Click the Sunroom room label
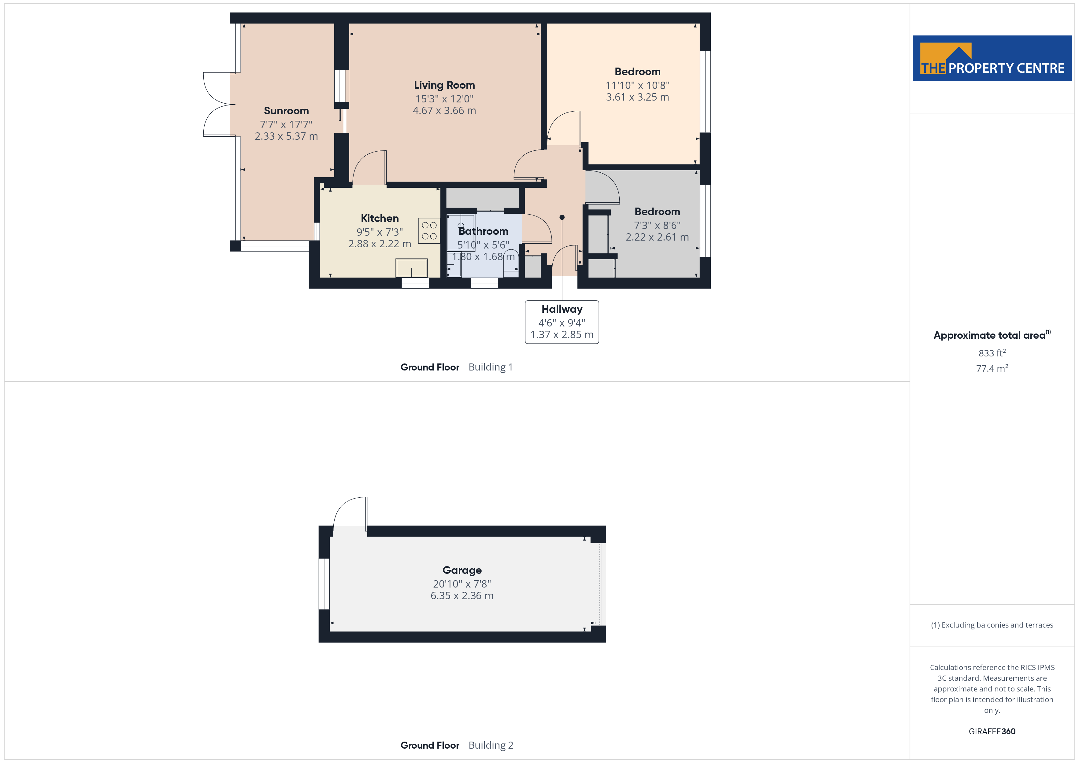coord(286,111)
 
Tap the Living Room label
coord(444,85)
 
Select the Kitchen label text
coord(380,219)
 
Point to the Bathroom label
coord(483,231)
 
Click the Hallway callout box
coord(562,322)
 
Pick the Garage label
coord(462,570)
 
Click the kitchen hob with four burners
coord(429,231)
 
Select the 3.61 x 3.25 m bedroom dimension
coord(637,97)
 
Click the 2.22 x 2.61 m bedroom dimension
coord(657,237)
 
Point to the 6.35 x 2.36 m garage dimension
coord(462,596)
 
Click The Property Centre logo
coord(992,58)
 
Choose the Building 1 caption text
coord(491,367)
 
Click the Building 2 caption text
coord(491,745)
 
